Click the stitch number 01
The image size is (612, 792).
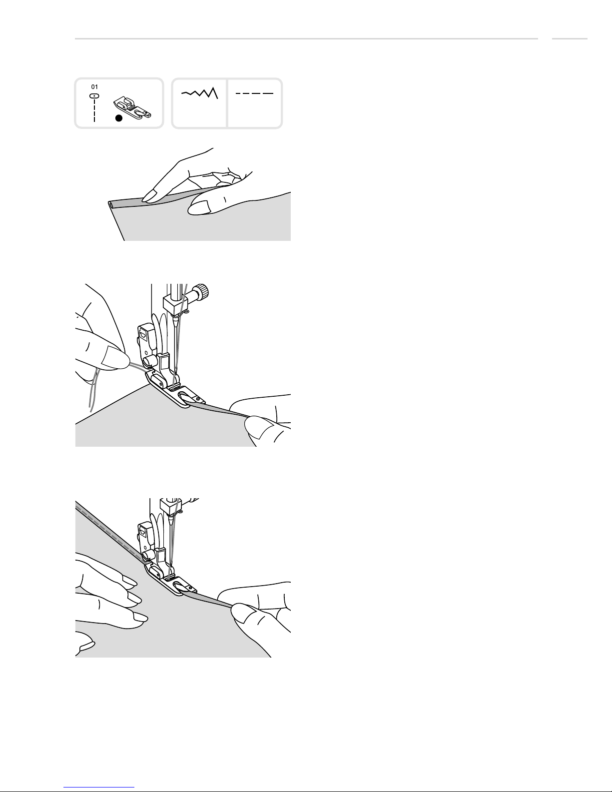(x=94, y=87)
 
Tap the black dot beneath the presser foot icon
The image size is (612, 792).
(x=119, y=118)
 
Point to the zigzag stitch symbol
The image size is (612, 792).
(x=200, y=93)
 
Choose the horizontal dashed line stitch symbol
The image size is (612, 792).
(x=254, y=93)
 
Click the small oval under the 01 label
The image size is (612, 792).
(x=94, y=96)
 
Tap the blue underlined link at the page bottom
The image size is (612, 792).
(x=99, y=788)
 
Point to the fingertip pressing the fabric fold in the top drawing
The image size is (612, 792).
(x=149, y=197)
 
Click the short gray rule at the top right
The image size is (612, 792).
(x=570, y=38)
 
